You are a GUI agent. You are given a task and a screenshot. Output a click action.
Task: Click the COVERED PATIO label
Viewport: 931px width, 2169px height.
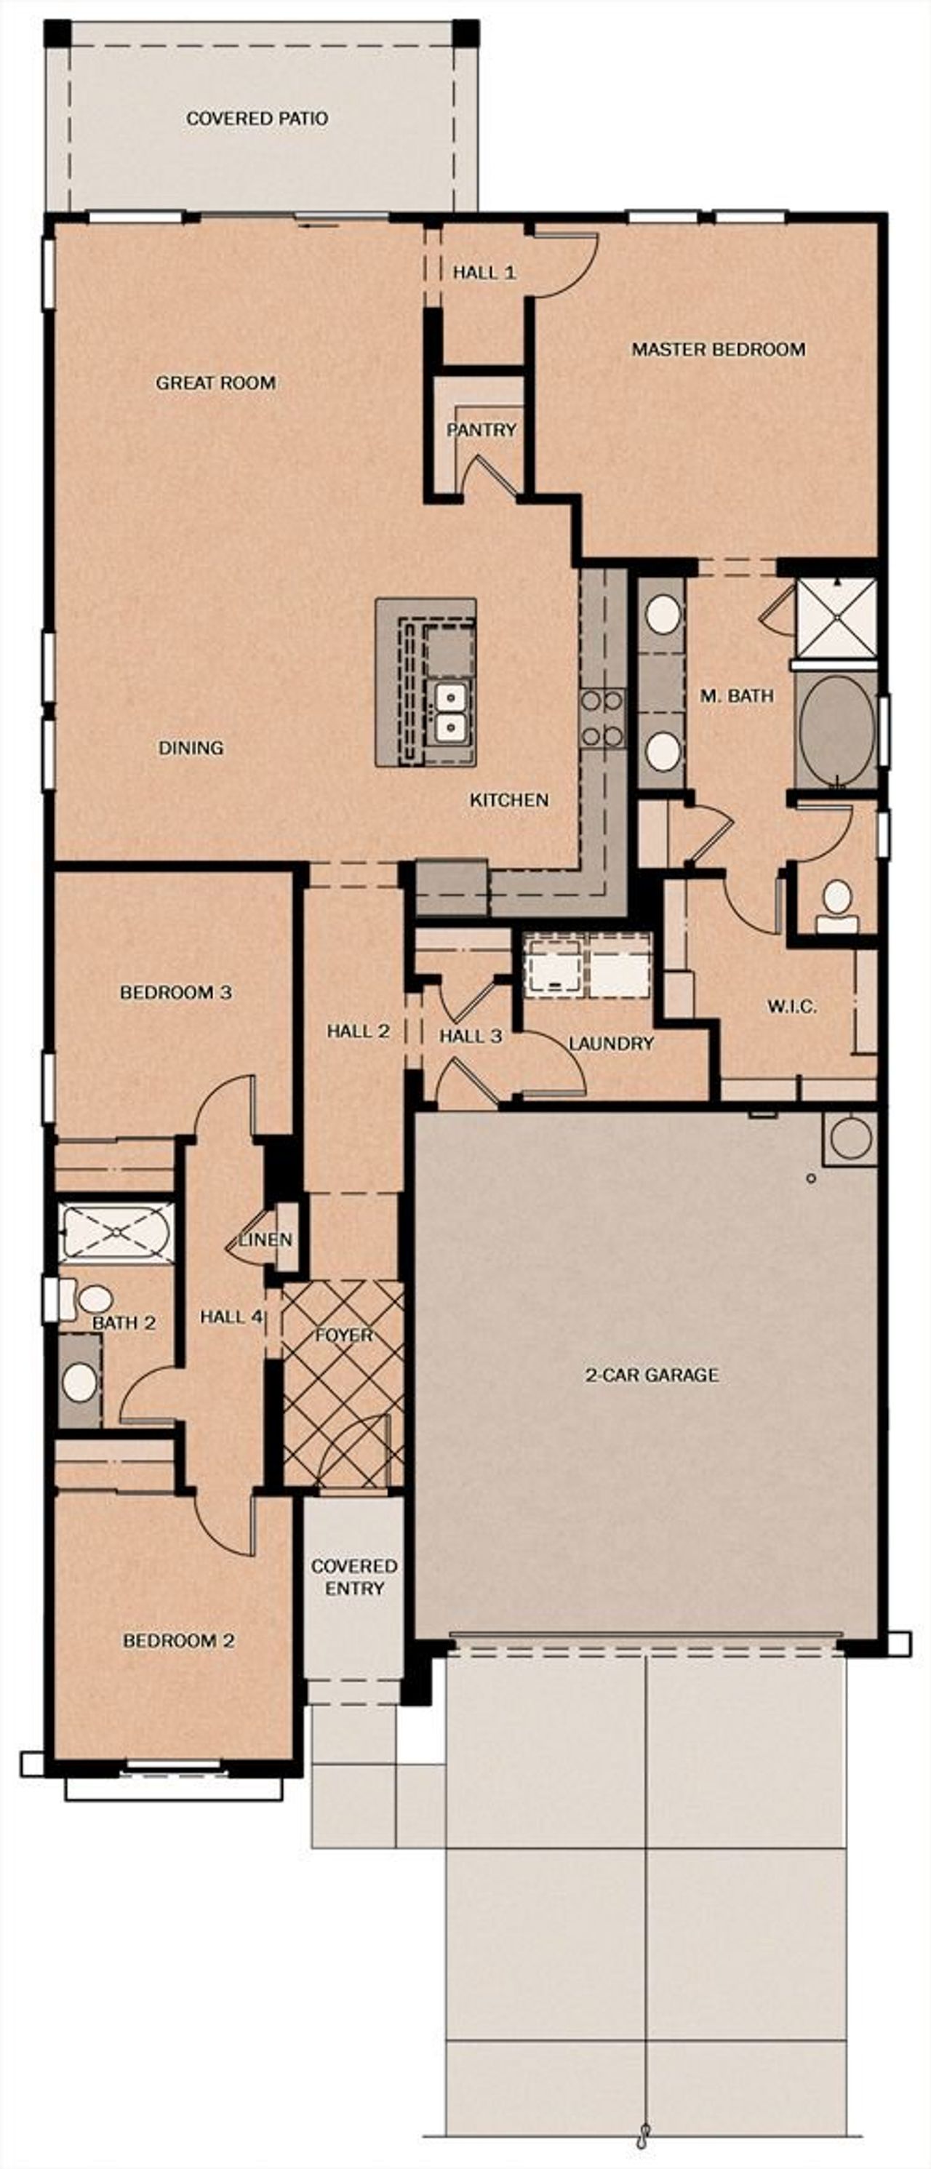pyautogui.click(x=257, y=119)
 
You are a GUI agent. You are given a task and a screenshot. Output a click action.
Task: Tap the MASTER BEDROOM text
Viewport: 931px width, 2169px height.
pyautogui.click(x=718, y=349)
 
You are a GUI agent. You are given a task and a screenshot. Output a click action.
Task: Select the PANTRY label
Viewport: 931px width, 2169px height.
pyautogui.click(x=481, y=431)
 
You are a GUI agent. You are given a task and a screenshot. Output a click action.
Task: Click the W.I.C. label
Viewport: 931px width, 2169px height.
pyautogui.click(x=791, y=1006)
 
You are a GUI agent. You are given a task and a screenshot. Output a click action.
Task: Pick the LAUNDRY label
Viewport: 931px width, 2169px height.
pyautogui.click(x=611, y=1044)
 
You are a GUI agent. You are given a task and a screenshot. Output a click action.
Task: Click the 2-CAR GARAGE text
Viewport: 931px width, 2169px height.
pyautogui.click(x=652, y=1375)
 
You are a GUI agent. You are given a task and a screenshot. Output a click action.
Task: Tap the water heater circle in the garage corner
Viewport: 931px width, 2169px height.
pyautogui.click(x=850, y=1138)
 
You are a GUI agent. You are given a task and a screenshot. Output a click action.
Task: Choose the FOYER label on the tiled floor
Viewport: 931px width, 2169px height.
pyautogui.click(x=343, y=1336)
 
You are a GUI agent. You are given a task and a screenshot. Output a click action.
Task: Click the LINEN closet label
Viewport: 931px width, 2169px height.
pyautogui.click(x=265, y=1240)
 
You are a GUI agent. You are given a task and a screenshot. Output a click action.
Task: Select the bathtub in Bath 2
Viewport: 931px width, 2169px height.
pyautogui.click(x=117, y=1231)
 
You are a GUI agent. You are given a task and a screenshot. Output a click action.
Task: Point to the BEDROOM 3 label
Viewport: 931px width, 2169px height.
pyautogui.click(x=175, y=993)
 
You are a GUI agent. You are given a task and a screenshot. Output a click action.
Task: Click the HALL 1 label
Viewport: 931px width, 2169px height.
pyautogui.click(x=484, y=273)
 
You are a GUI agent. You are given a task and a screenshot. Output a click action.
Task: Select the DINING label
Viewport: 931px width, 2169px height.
pyautogui.click(x=191, y=748)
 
